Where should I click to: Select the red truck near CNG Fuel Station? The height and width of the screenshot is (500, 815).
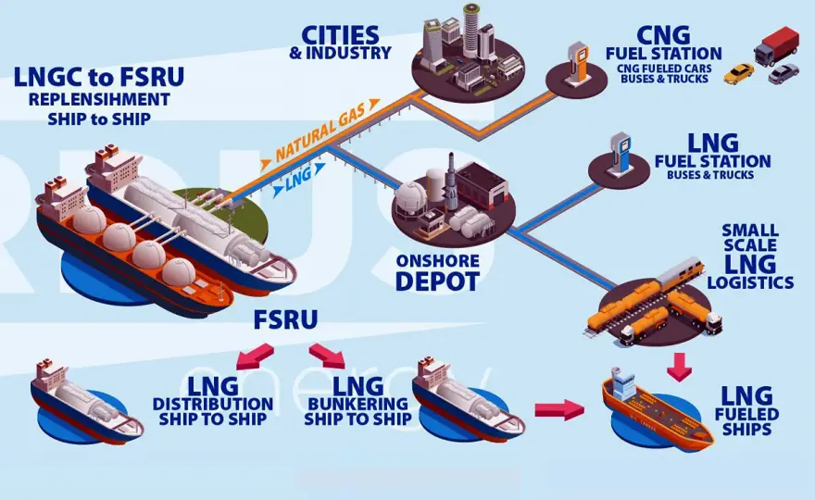point(776,46)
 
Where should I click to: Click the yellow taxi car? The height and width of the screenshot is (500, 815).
point(739,73)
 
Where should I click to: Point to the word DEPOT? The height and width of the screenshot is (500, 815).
point(436,281)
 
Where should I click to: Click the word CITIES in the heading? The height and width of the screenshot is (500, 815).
point(341,35)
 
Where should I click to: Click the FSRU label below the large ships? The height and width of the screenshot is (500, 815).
point(285,319)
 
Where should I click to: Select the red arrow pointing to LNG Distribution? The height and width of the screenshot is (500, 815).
point(255,355)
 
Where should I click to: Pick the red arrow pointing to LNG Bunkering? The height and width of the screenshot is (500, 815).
point(327,356)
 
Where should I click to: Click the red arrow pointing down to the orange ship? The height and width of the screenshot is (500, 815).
point(680,367)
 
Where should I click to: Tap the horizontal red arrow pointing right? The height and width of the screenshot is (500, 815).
point(559,409)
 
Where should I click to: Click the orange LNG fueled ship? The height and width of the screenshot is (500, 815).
point(657,410)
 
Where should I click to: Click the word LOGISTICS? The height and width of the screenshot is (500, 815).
point(750,282)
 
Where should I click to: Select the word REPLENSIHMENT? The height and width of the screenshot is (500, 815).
point(99,99)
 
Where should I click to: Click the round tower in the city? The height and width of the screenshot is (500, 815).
point(471,31)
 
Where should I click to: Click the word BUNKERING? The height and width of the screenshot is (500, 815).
point(357,404)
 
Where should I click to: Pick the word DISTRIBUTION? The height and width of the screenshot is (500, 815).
point(213,404)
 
